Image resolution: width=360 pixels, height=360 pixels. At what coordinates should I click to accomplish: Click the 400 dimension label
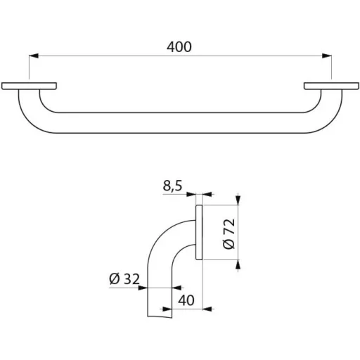click(x=179, y=46)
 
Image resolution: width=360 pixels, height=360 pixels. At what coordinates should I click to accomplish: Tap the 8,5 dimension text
click(x=172, y=186)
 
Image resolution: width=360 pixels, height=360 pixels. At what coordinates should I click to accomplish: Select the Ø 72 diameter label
click(x=229, y=233)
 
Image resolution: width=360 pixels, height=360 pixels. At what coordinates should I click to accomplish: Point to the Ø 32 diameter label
click(x=124, y=278)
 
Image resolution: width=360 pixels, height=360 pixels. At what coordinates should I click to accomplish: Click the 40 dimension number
click(x=186, y=300)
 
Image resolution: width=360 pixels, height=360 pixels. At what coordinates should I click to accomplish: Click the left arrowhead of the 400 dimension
click(x=34, y=56)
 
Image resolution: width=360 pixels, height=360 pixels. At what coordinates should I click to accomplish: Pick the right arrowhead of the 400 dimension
click(x=327, y=56)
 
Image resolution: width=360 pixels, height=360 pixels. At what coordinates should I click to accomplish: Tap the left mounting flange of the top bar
click(x=29, y=86)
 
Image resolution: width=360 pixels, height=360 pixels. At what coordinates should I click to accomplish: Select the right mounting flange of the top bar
click(x=331, y=86)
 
